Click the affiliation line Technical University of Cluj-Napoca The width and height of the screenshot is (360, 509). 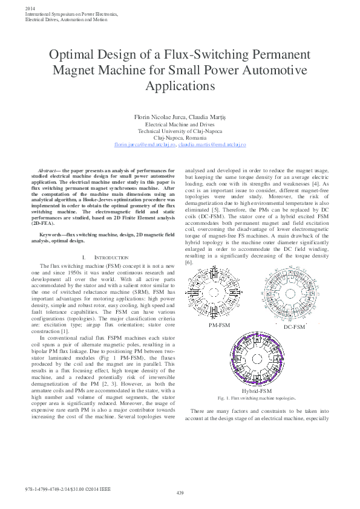180,131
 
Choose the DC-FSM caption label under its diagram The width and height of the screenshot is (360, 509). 295,327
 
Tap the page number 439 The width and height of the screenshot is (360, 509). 180,493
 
